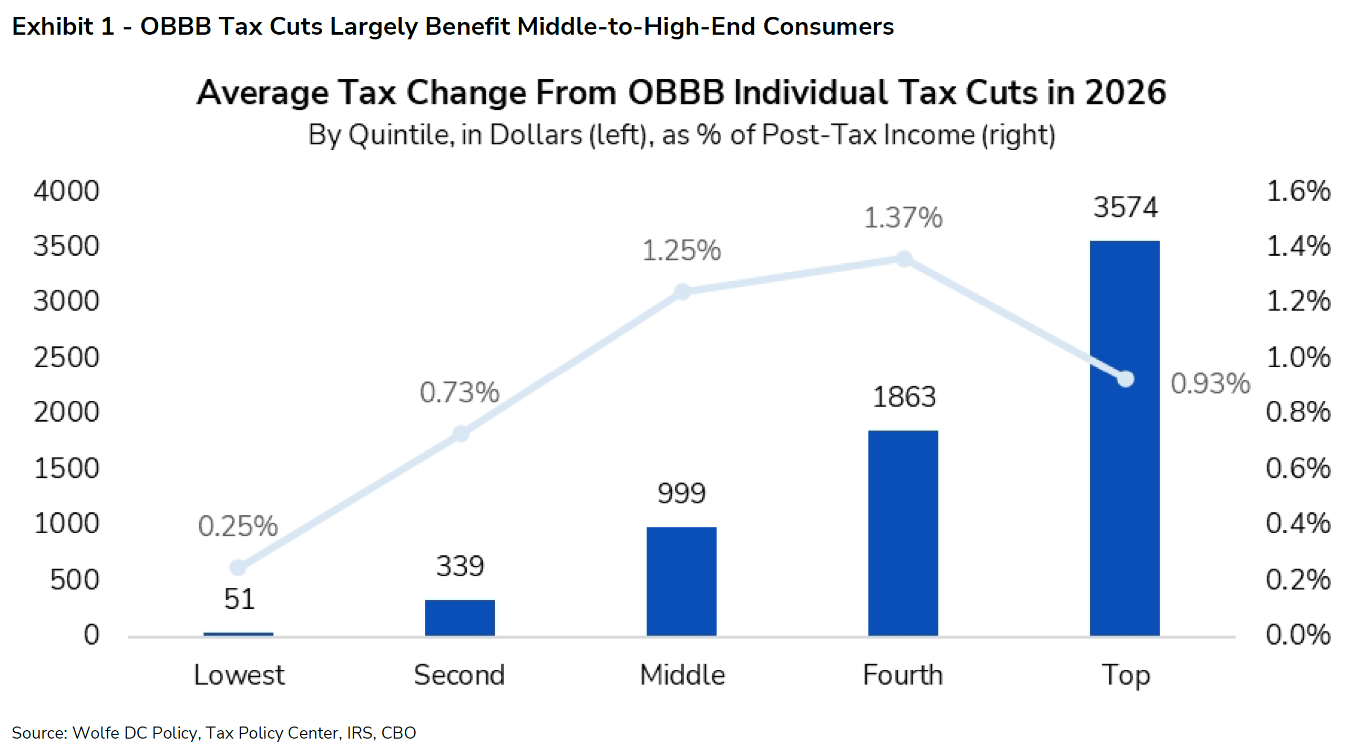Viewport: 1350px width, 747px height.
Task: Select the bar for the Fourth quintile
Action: pos(903,533)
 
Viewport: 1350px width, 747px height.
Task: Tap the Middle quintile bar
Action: pos(681,582)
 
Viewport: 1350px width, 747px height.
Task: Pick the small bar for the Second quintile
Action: pos(459,618)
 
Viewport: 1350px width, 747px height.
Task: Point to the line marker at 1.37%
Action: pos(904,258)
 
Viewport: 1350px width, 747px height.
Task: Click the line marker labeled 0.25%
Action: pos(238,567)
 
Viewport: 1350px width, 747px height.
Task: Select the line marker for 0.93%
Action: pos(1125,378)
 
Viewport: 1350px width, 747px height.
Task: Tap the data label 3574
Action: pos(1125,207)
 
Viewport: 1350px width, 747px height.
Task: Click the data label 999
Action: pos(681,493)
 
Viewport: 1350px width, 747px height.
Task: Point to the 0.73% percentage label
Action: pos(459,392)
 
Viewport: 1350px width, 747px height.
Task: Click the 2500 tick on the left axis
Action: pos(66,357)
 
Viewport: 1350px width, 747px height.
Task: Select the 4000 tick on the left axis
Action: pos(66,191)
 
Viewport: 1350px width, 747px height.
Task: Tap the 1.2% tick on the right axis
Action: pos(1297,301)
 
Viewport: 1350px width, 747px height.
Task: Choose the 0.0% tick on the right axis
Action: pos(1297,635)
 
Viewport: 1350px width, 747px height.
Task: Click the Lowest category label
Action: pos(239,675)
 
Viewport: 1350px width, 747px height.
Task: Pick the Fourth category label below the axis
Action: pos(903,675)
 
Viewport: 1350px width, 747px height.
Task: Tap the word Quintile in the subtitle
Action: pos(400,135)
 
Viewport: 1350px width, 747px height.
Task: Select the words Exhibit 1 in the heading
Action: pos(63,26)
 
